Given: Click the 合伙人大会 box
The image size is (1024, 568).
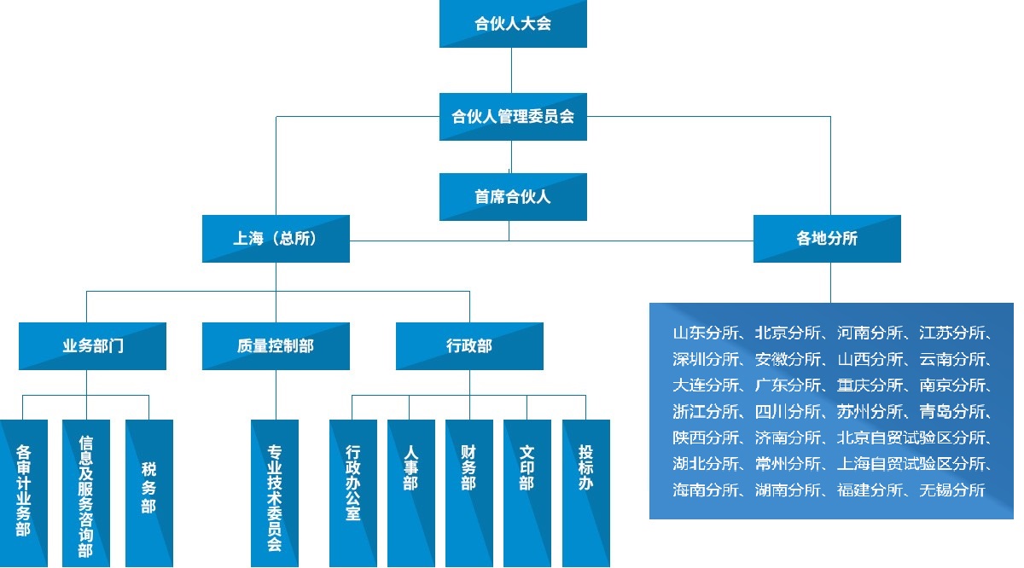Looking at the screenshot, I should coord(513,24).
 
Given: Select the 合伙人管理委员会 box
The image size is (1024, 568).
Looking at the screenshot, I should coord(513,117).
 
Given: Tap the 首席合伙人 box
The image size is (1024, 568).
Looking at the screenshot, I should coord(513,197).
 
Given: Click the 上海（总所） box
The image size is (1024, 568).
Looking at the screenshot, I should coord(276,239).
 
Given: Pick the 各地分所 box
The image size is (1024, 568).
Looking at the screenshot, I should coord(827,239).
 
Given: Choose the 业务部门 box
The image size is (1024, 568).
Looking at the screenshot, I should coord(92,346).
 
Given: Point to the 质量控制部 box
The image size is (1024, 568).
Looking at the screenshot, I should coord(276,346).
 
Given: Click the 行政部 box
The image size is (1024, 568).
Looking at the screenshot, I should coord(469,346).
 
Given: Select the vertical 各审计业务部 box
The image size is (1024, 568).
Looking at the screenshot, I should coord(23,493).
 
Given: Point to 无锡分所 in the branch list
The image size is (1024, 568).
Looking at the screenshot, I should coord(951,490).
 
